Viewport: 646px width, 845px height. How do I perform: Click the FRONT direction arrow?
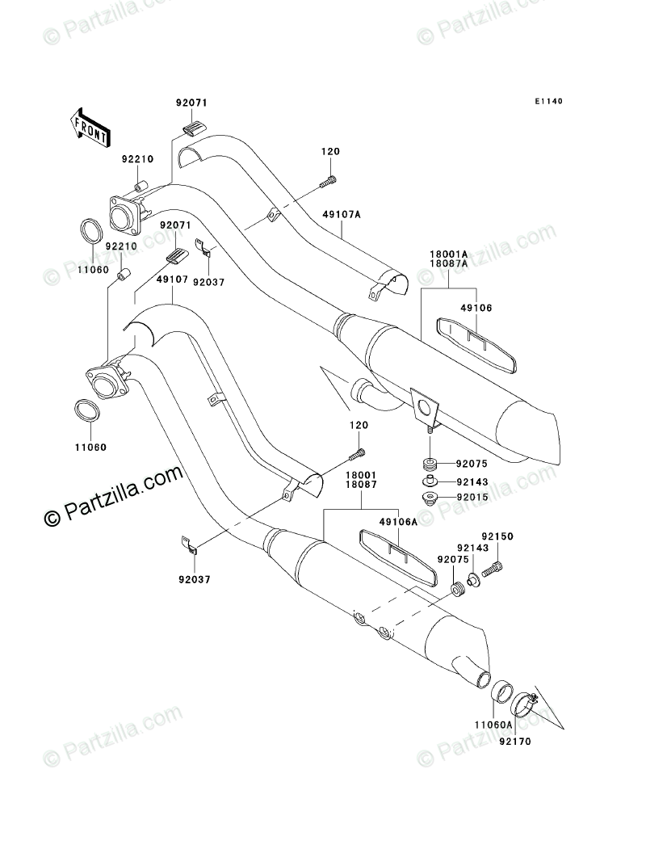point(90,128)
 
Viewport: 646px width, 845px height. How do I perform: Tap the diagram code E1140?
point(548,101)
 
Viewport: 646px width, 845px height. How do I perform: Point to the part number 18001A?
point(449,254)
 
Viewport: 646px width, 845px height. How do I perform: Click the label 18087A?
point(449,263)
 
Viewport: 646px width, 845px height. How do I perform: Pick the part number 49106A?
point(398,522)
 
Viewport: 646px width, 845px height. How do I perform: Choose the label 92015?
point(472,498)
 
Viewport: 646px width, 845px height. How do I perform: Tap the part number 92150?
point(497,536)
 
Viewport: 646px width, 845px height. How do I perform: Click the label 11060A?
point(493,725)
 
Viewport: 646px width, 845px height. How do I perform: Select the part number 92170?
point(514,742)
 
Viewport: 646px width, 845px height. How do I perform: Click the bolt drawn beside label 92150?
point(492,569)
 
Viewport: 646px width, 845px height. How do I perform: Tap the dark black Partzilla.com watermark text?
point(112,494)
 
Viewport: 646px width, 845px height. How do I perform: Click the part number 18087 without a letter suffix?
point(361,485)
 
